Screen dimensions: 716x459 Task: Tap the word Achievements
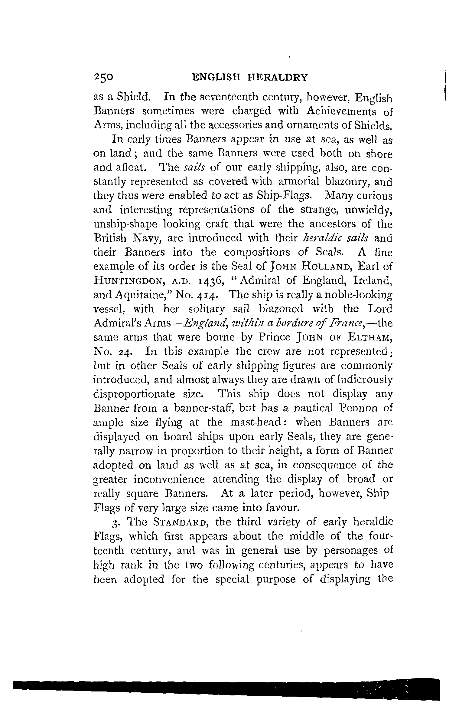(341, 112)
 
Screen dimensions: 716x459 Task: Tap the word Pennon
(357, 408)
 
